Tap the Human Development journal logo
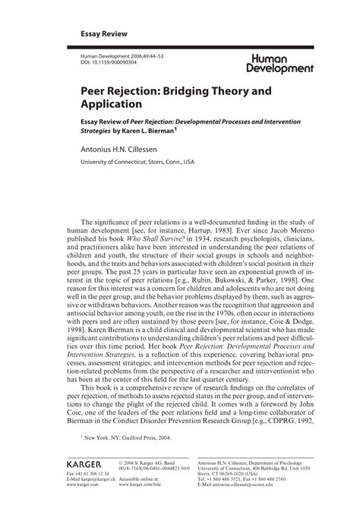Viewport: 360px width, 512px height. pos(279,63)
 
